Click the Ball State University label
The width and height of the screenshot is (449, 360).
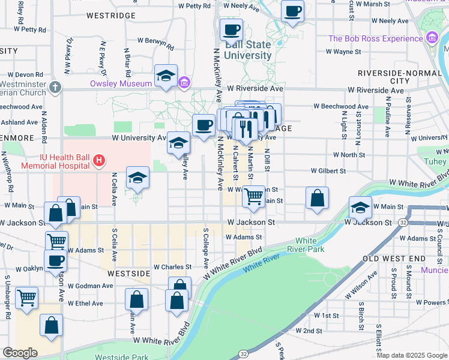tap(247, 50)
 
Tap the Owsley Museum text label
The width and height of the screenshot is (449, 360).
tap(121, 83)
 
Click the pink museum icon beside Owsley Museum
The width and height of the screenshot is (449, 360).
tap(185, 82)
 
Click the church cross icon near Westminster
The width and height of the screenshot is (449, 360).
tap(55, 87)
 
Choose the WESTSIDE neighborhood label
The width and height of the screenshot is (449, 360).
tap(128, 273)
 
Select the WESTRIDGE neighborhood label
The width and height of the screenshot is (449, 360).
tap(110, 16)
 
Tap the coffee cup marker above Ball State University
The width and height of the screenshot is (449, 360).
tap(231, 30)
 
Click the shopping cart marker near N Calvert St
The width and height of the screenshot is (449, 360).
tap(255, 196)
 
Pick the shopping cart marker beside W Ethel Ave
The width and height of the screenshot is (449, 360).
tap(27, 298)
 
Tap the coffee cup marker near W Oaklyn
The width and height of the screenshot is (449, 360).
tap(56, 261)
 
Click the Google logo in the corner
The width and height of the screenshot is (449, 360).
tap(20, 353)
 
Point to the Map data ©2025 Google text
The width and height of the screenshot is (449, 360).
tap(411, 355)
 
